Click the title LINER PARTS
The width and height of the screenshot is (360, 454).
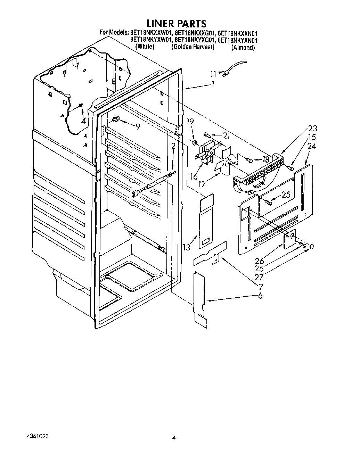click(177, 24)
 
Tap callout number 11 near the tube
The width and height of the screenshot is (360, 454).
click(213, 74)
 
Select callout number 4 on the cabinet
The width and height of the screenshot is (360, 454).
click(83, 121)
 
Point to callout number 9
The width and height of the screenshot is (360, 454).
click(138, 126)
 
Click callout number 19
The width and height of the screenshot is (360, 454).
click(190, 122)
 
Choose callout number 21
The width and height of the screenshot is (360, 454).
click(226, 136)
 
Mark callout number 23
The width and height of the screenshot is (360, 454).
click(313, 128)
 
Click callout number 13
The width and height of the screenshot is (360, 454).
click(187, 247)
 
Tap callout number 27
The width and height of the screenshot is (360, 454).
click(259, 277)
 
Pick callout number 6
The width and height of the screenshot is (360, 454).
click(260, 296)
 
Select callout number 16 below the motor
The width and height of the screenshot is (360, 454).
click(194, 176)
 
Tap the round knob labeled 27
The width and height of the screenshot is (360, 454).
click(311, 246)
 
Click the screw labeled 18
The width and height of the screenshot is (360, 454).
click(248, 160)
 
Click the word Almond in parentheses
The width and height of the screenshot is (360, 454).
click(243, 48)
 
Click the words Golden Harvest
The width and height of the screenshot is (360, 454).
click(193, 47)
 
